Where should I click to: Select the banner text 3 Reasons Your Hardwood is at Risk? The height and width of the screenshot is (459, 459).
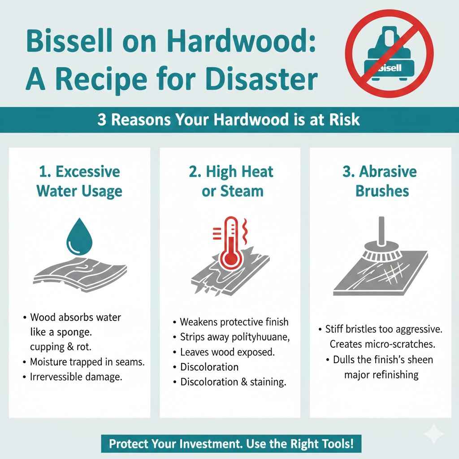tap(229, 120)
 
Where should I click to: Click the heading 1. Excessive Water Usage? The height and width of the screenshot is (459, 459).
tap(79, 181)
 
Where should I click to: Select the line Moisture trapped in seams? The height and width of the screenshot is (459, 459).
tap(87, 361)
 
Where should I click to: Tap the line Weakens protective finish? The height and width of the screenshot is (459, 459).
tap(234, 322)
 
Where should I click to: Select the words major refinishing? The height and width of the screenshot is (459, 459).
tap(381, 375)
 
